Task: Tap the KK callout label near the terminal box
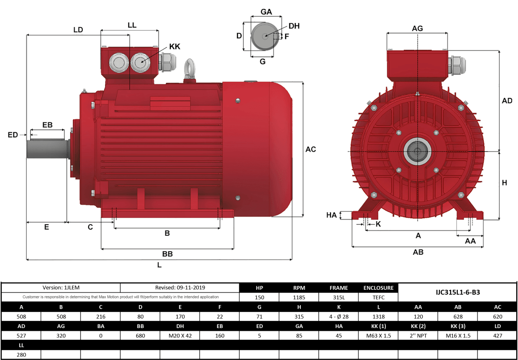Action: click(x=174, y=47)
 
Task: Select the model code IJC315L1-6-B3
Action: click(x=458, y=292)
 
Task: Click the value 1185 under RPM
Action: click(x=299, y=297)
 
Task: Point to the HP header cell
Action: click(x=259, y=288)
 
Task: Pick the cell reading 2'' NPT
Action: click(x=418, y=335)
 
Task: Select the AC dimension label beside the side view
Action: click(x=311, y=149)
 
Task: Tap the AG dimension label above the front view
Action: click(x=417, y=28)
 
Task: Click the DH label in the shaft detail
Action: click(x=294, y=26)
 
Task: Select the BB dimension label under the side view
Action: click(x=167, y=254)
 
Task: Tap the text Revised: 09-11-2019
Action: click(x=179, y=288)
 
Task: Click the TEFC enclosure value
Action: click(x=378, y=297)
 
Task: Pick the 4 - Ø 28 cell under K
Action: click(x=338, y=316)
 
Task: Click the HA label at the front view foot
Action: click(x=331, y=216)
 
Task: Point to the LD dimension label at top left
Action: click(x=78, y=30)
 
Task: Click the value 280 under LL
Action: click(x=21, y=355)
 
